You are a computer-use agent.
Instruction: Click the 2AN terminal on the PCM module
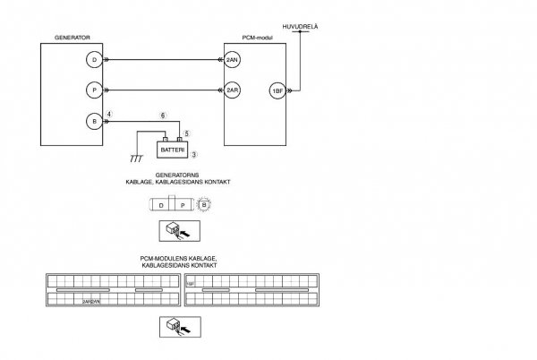coord(233,60)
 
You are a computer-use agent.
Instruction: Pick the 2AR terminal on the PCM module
coord(233,90)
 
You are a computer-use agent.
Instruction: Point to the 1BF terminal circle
coord(276,90)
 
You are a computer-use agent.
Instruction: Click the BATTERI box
coord(172,149)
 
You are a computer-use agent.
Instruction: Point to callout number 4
coord(109,115)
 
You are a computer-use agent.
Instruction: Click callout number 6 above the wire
coord(162,116)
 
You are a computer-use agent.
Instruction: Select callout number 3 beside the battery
coord(194,156)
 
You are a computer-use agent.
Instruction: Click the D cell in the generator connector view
coord(160,205)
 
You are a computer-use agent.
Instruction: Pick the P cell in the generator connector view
coord(182,205)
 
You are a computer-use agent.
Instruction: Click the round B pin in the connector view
coord(203,205)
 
